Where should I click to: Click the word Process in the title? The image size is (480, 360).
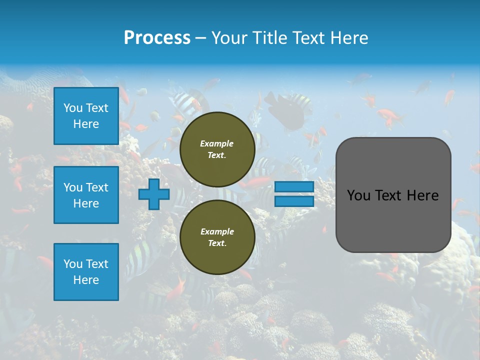[x=157, y=38]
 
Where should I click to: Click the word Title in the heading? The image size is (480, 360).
[x=269, y=38]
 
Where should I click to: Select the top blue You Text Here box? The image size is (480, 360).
[x=86, y=116]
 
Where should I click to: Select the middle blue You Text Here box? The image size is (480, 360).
[x=86, y=195]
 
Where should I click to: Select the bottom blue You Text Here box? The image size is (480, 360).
[x=86, y=271]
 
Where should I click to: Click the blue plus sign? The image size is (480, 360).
[x=154, y=194]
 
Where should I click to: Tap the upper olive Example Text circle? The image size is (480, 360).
[x=217, y=149]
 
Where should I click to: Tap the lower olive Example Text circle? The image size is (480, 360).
[x=217, y=237]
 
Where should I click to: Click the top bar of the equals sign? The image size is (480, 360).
[x=294, y=187]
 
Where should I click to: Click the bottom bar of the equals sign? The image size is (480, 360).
[x=294, y=201]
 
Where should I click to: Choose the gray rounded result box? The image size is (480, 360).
[x=393, y=195]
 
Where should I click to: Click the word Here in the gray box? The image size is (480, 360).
[x=422, y=195]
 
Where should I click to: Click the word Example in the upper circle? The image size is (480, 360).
[x=217, y=143]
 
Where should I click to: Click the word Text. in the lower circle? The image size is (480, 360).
[x=217, y=243]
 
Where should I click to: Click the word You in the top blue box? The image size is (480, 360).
[x=73, y=108]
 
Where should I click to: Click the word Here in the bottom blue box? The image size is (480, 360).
[x=86, y=280]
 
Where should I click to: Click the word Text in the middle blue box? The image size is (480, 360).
[x=97, y=187]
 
